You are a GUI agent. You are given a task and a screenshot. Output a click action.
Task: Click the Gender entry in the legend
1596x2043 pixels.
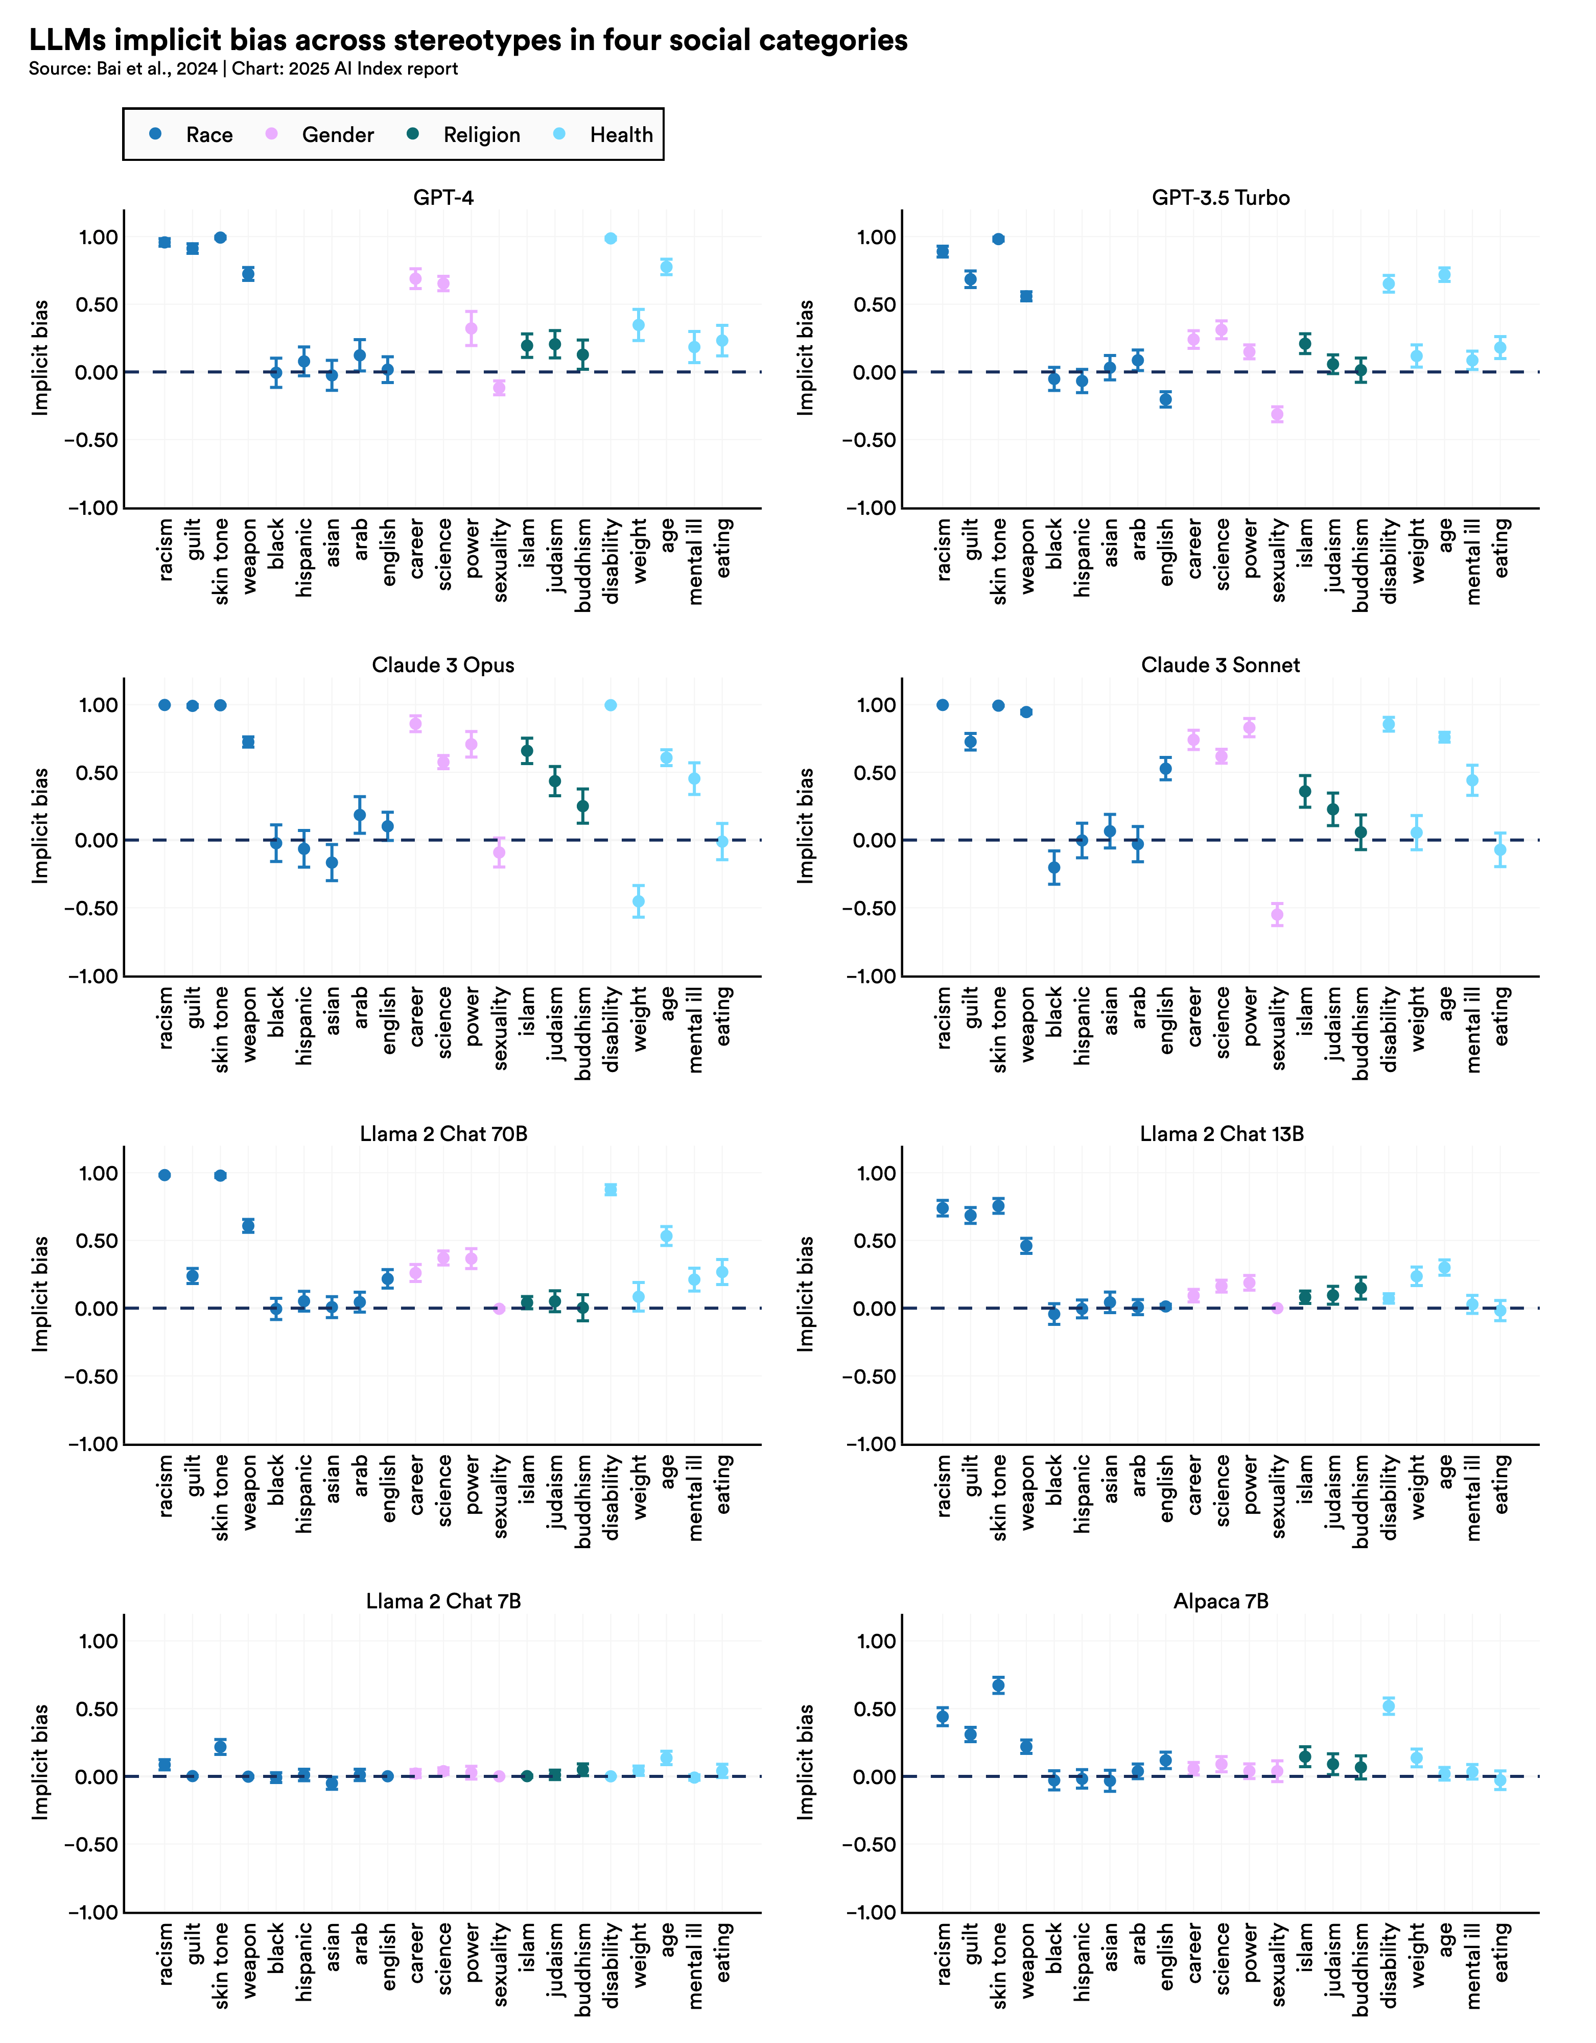337,135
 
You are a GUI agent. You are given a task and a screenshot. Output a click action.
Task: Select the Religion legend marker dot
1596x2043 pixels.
413,134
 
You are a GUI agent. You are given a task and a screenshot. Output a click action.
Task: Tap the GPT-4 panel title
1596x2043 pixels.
443,197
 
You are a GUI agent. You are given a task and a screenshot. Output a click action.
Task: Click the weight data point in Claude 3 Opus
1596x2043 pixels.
639,902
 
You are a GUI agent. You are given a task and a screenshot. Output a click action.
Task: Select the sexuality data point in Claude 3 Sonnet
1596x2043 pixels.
1277,915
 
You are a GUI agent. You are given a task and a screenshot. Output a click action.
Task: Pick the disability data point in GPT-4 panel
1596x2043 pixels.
611,239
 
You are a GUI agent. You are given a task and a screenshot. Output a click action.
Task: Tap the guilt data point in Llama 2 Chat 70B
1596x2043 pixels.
193,1276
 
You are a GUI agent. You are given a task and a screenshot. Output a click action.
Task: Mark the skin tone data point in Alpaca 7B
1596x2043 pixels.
998,1685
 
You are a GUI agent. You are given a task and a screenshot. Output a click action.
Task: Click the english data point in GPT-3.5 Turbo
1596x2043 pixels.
1166,399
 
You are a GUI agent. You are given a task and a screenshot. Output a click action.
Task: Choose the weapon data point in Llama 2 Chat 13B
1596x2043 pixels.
1026,1246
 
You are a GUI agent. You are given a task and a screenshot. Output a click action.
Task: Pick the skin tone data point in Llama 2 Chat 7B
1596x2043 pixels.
221,1746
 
